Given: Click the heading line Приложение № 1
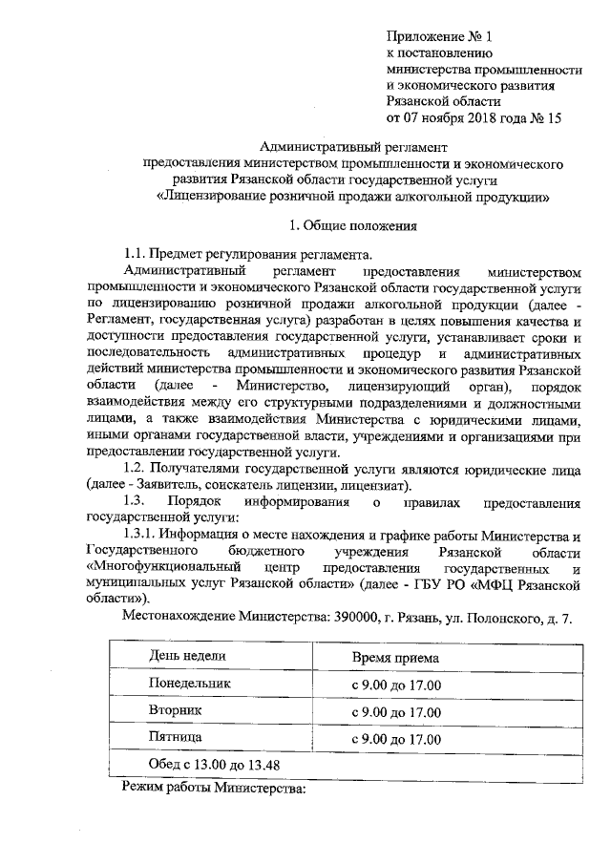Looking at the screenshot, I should click(438, 37).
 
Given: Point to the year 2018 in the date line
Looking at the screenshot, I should click(480, 118).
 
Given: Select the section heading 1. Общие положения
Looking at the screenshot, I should click(353, 228).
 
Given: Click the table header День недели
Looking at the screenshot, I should click(187, 657).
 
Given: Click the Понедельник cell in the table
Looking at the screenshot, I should click(190, 685).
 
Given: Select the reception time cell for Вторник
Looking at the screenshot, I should click(395, 712).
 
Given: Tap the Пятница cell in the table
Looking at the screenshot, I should click(175, 738).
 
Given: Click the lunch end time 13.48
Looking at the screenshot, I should click(261, 766).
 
